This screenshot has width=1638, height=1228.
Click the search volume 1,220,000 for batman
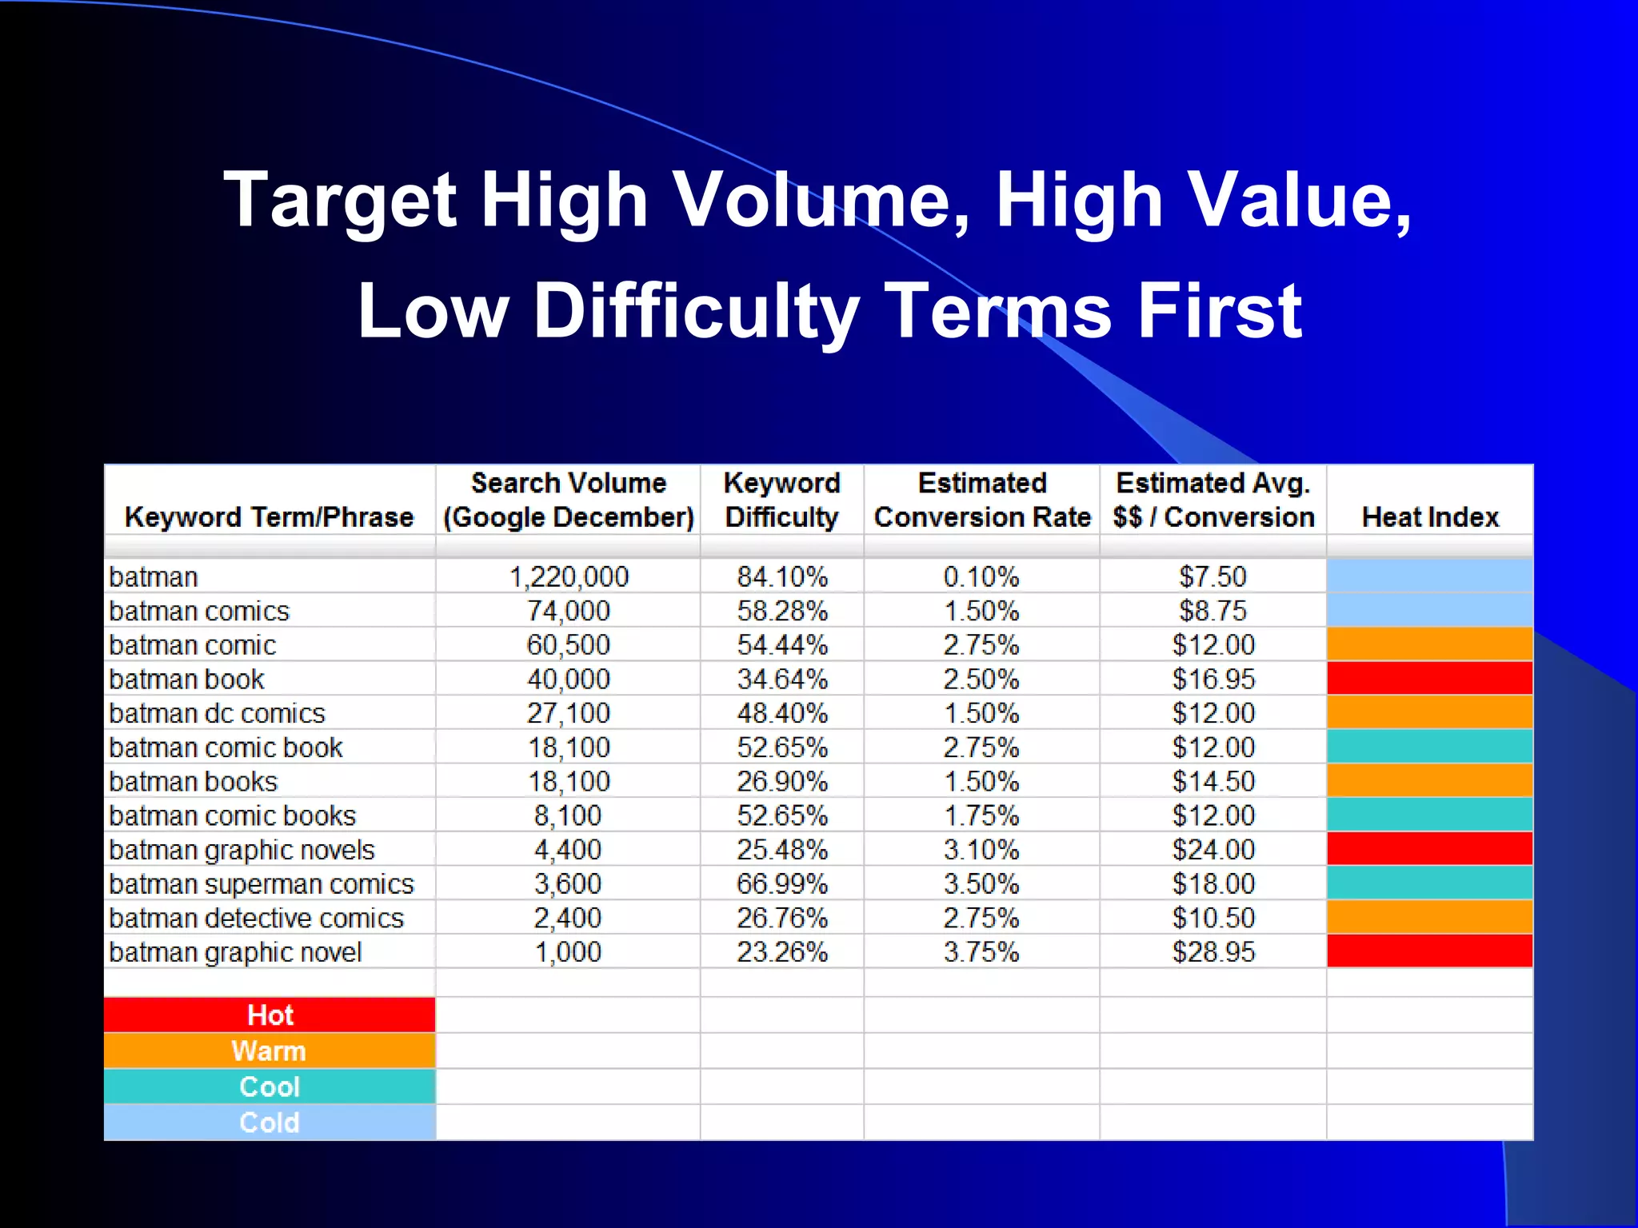pos(569,576)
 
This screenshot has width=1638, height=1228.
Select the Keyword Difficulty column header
pos(781,500)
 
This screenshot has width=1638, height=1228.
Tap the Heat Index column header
pos(1430,517)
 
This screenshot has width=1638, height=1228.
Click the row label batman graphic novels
pos(242,850)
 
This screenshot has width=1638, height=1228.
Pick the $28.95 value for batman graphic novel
pos(1213,952)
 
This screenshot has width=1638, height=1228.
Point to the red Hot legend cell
pos(270,1015)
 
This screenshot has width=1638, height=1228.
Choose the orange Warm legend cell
pos(270,1051)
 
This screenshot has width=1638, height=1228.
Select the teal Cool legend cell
pos(270,1087)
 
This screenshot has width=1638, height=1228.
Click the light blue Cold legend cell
pos(270,1122)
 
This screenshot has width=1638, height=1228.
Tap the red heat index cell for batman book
pos(1430,678)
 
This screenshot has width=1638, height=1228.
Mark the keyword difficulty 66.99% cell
pos(781,884)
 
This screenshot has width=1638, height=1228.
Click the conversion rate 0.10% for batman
pos(981,576)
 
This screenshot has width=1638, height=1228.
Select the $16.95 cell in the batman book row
pos(1213,680)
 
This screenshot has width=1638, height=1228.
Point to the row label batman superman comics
pos(262,884)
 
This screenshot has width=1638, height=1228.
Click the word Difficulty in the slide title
pos(697,312)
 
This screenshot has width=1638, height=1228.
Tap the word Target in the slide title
pos(340,201)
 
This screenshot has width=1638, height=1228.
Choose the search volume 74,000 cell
pos(569,611)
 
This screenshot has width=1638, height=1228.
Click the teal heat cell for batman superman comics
pos(1430,883)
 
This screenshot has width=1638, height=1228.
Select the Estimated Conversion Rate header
pos(982,500)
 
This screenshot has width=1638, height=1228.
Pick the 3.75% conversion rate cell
pos(981,952)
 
